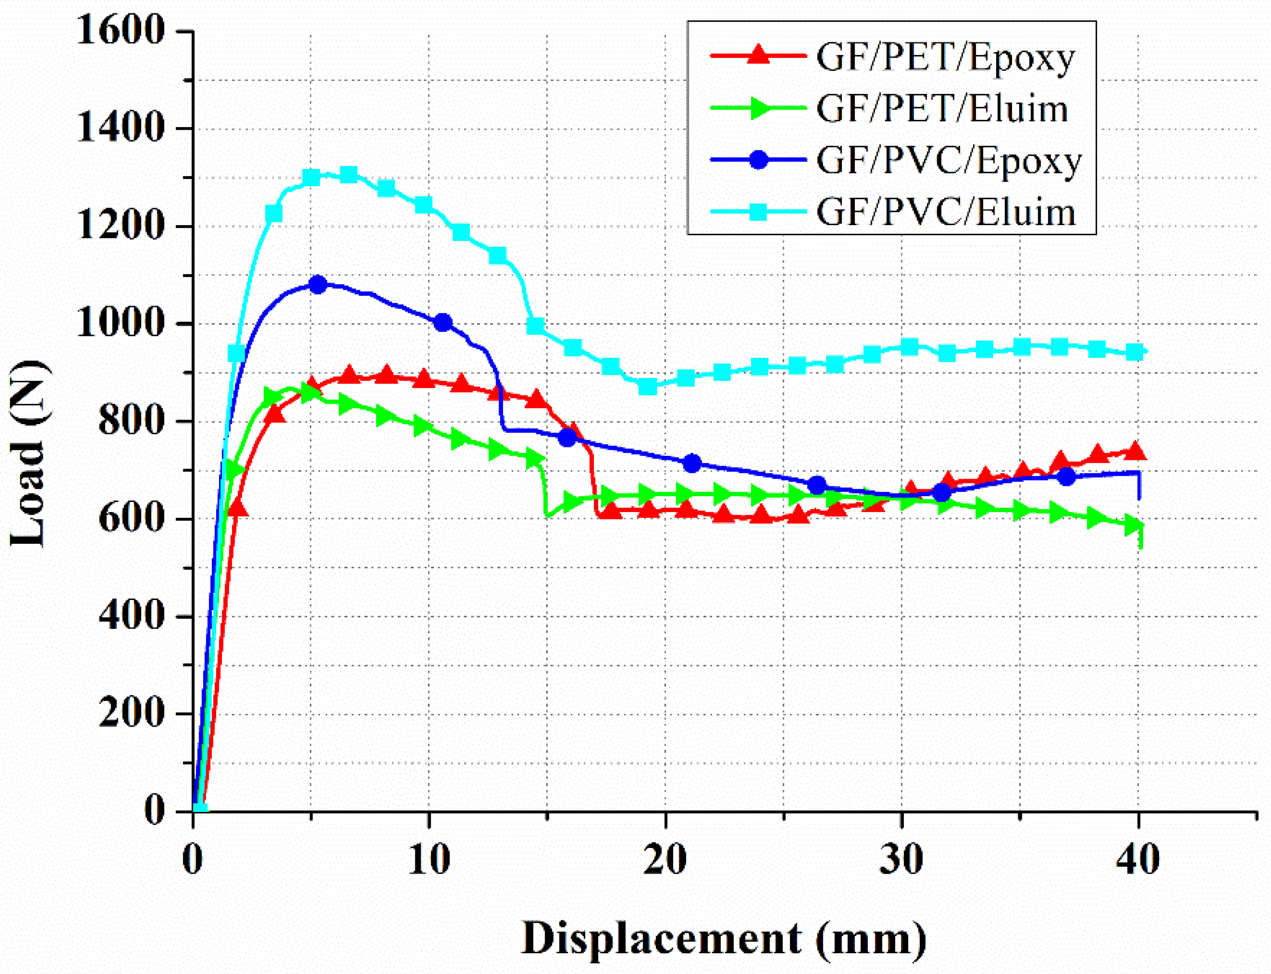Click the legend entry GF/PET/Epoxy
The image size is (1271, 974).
coord(945,57)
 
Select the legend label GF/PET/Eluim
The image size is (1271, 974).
coord(942,109)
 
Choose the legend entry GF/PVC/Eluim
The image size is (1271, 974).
coord(945,212)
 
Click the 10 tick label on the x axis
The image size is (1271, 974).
coord(429,860)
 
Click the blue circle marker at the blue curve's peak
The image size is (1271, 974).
coord(318,285)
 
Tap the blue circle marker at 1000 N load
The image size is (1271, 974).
coord(443,323)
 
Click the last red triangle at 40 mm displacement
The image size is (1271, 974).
coord(1135,451)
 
